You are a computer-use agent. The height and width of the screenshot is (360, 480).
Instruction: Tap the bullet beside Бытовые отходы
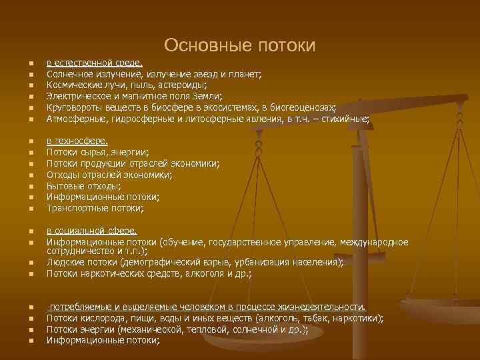coord(30,186)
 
